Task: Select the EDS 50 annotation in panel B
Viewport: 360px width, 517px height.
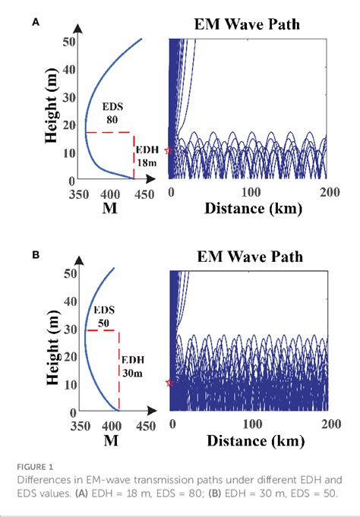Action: (x=103, y=317)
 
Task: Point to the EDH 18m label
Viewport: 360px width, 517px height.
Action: (x=146, y=156)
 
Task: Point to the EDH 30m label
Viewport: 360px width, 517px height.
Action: (x=131, y=366)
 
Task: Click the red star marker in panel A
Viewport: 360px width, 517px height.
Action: (x=169, y=151)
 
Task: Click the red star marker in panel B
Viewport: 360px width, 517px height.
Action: (x=169, y=383)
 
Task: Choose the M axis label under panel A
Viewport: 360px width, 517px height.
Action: (x=108, y=210)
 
